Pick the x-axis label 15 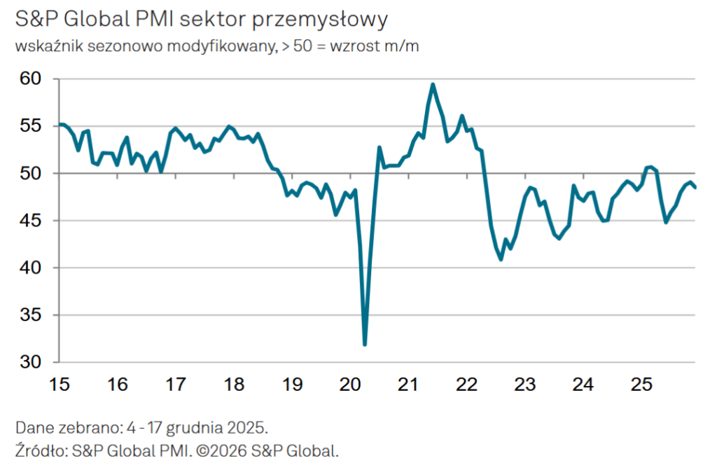click(x=60, y=385)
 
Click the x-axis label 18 click(x=234, y=385)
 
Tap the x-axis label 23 click(x=525, y=385)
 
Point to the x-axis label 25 click(x=641, y=385)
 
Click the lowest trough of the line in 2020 click(x=365, y=344)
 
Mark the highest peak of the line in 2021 click(x=433, y=85)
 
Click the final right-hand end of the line click(x=695, y=186)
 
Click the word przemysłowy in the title click(x=326, y=21)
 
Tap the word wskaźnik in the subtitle click(x=44, y=47)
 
